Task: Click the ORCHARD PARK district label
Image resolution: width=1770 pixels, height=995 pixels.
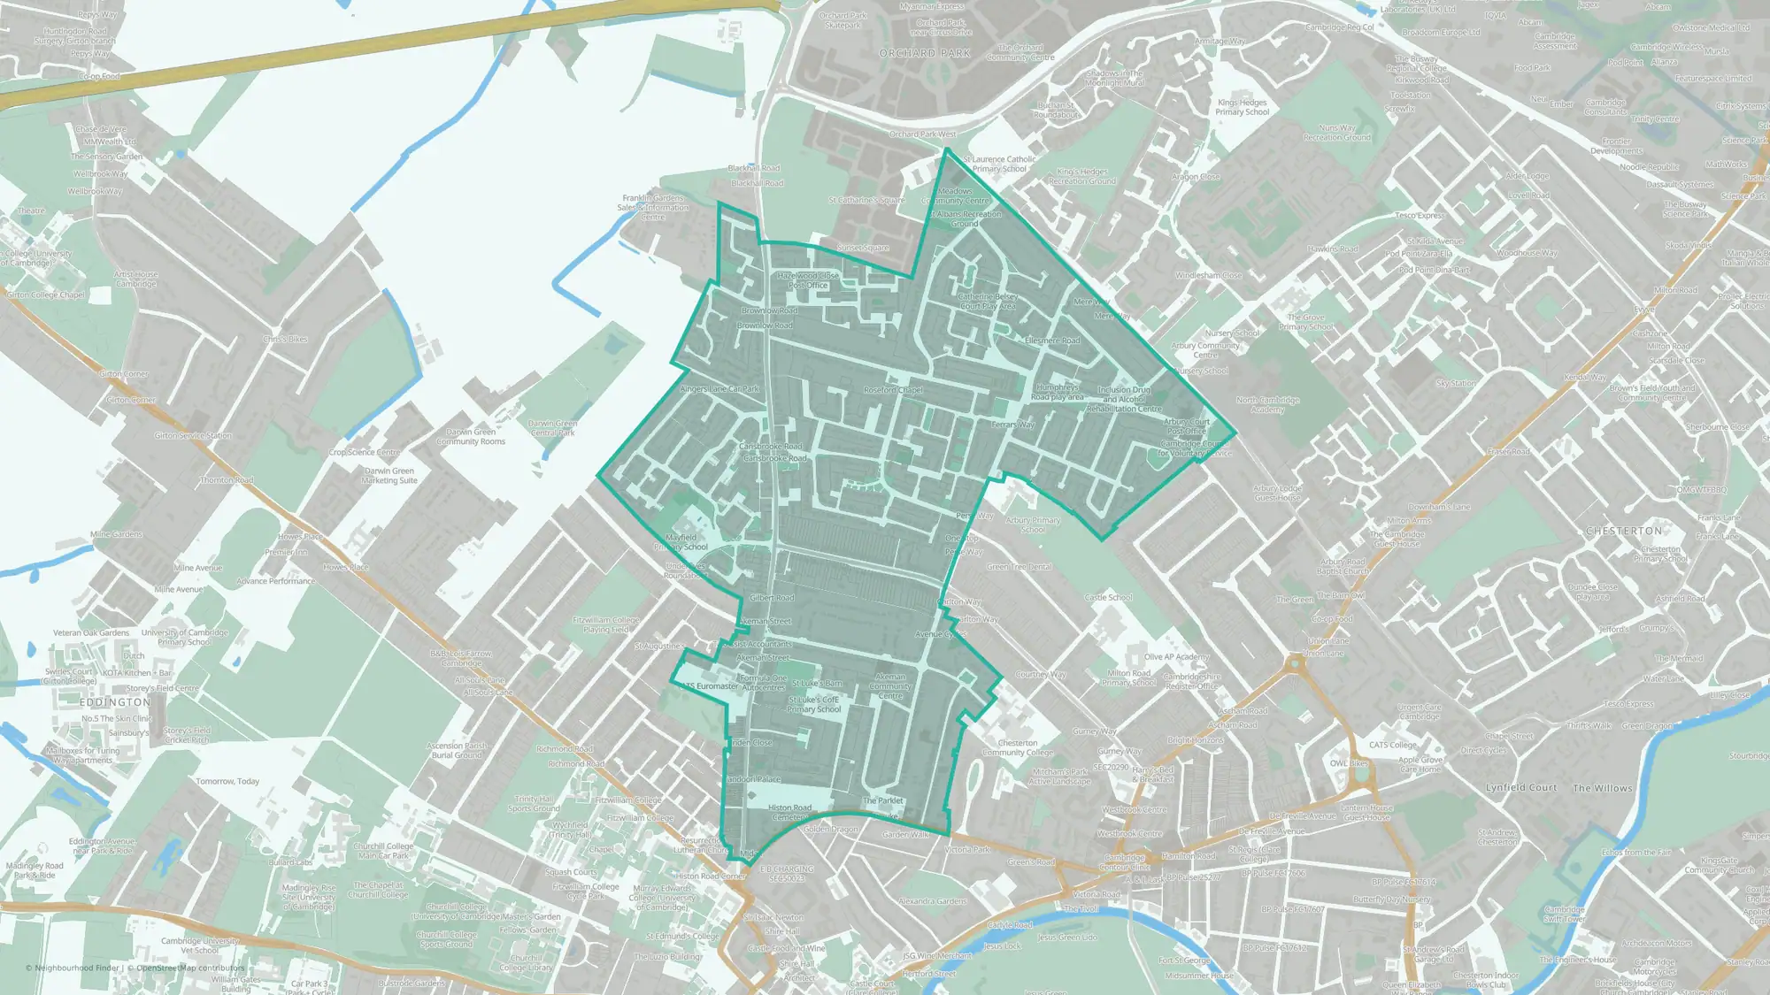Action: click(925, 53)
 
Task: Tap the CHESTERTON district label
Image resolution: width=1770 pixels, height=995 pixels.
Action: click(1624, 531)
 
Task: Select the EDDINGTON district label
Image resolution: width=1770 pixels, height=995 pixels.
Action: click(115, 702)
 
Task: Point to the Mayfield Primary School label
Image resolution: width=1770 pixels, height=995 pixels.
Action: click(681, 542)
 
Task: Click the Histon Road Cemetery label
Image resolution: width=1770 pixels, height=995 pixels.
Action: click(789, 812)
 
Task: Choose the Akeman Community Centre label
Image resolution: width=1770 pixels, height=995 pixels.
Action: click(889, 686)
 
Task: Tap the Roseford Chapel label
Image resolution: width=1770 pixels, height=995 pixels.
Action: click(892, 390)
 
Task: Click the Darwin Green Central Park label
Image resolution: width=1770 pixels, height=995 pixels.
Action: click(552, 428)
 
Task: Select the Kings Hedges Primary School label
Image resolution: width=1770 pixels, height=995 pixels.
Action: click(1242, 108)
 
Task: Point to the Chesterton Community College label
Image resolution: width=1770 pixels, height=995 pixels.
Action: click(1017, 748)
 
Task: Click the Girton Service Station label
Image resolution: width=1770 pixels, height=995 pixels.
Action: click(193, 435)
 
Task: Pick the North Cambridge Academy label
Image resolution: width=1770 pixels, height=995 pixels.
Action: click(1267, 405)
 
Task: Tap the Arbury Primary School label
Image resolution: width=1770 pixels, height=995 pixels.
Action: click(1032, 525)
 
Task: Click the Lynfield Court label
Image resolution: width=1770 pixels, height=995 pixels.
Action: click(1520, 787)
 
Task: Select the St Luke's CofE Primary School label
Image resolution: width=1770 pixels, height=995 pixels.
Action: click(813, 705)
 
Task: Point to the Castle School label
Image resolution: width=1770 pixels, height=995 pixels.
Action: click(1108, 598)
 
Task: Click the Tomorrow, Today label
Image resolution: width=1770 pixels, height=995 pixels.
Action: click(227, 781)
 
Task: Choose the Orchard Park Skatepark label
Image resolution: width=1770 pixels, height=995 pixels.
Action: click(843, 20)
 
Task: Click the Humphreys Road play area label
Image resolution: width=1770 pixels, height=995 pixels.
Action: click(1057, 392)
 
